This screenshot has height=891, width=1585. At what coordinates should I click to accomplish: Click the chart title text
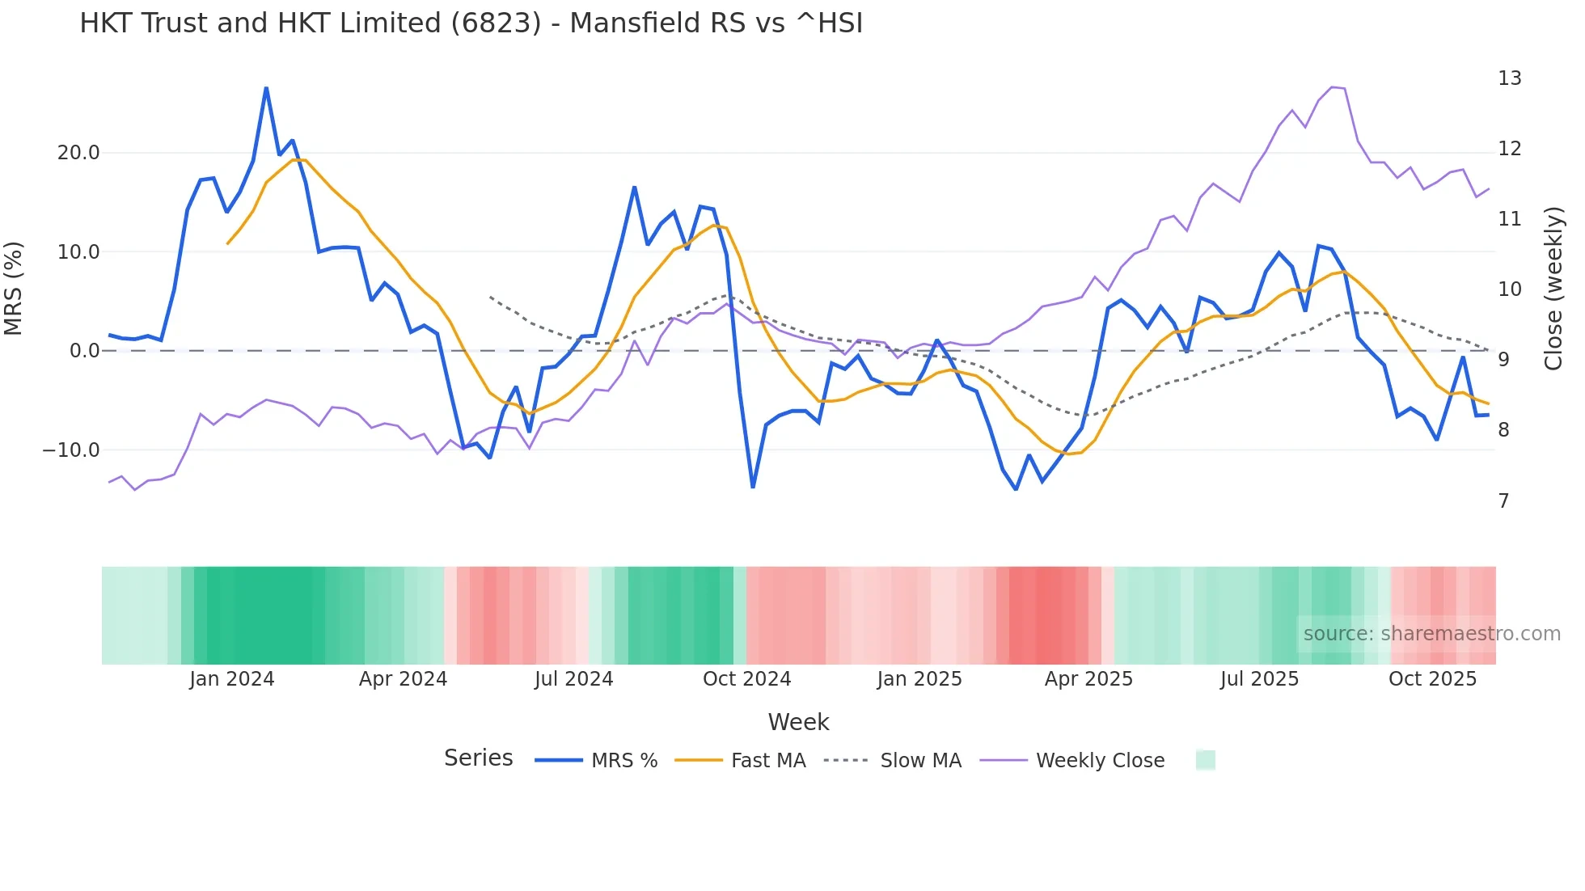471,23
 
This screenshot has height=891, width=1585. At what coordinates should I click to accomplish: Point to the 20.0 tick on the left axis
78,153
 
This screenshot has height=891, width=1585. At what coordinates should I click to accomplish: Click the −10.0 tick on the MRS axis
71,450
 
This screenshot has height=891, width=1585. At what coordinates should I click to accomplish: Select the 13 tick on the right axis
1509,78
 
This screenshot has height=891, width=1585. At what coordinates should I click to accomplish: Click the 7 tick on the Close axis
1503,501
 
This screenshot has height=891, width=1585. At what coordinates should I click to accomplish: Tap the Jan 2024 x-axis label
232,679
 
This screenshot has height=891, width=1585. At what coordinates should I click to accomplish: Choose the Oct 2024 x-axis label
746,679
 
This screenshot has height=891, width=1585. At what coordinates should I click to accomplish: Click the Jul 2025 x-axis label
1259,679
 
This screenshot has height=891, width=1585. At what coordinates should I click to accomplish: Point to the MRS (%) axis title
14,288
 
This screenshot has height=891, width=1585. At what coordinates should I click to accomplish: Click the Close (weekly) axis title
1553,288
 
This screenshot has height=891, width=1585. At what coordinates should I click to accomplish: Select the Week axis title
798,722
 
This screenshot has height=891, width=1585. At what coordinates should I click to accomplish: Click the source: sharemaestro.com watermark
1431,634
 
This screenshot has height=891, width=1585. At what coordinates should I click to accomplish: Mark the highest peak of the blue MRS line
266,88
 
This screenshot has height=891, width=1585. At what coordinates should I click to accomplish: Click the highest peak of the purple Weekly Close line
1332,87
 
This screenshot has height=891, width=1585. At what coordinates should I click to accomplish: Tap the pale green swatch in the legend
1205,760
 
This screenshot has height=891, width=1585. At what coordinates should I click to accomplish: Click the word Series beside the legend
478,758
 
